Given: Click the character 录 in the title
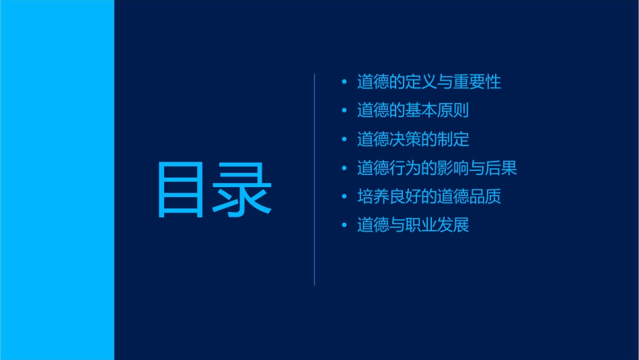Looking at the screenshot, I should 243,189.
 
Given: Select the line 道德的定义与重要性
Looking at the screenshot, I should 429,83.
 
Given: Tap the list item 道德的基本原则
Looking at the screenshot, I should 413,111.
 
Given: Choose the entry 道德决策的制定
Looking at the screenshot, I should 413,140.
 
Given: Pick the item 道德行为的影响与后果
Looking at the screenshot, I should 437,168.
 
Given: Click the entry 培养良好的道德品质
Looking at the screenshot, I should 429,196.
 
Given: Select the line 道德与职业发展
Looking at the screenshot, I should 413,225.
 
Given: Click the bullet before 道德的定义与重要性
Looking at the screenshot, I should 344,83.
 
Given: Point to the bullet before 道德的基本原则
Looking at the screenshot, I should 344,111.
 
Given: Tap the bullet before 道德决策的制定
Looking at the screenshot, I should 344,140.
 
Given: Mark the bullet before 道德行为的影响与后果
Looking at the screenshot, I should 344,168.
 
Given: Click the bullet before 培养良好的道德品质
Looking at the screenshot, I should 344,196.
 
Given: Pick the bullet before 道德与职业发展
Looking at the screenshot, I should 344,225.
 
